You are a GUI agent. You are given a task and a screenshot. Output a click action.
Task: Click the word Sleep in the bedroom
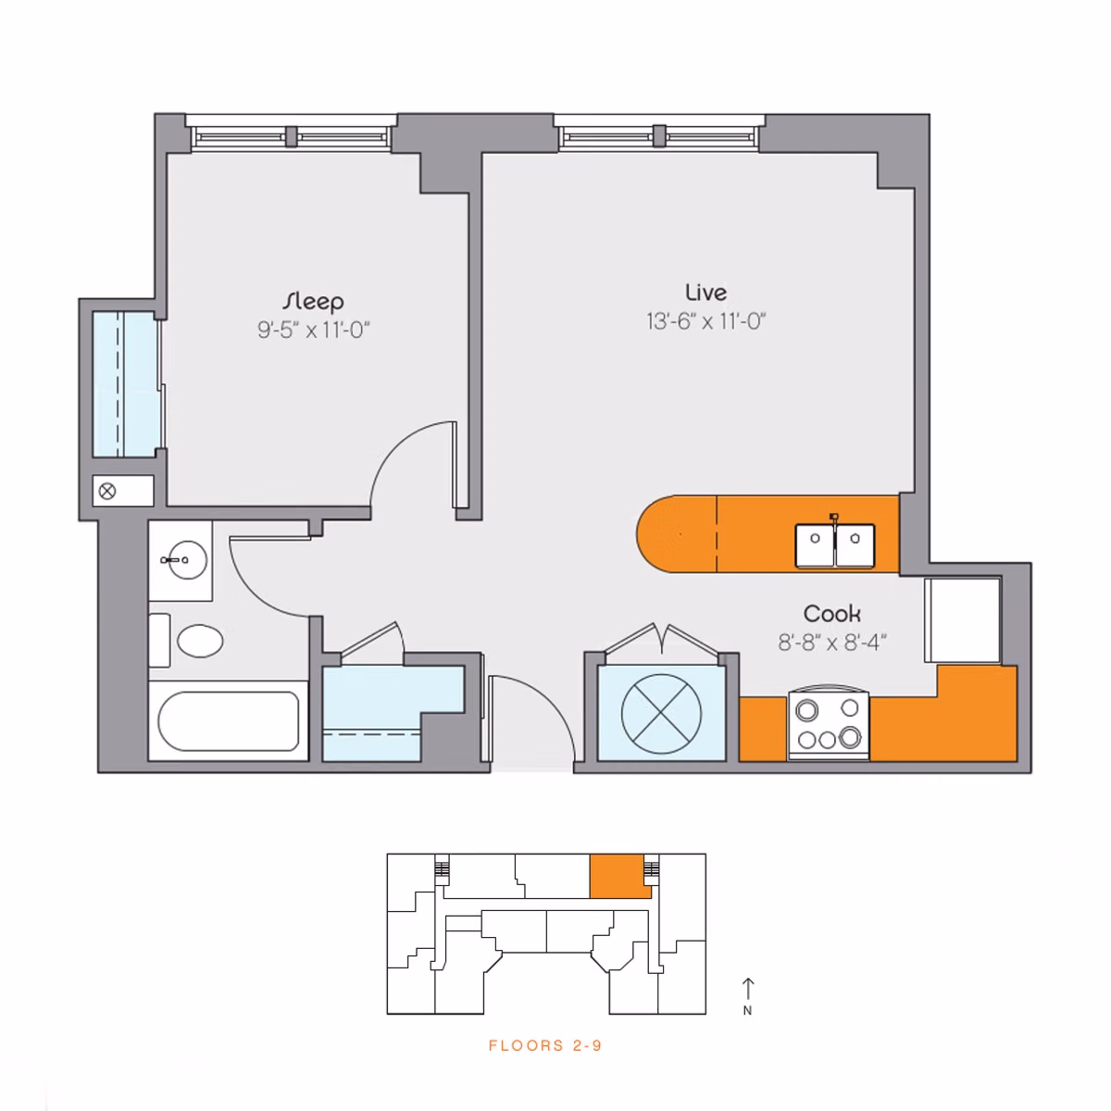[313, 301]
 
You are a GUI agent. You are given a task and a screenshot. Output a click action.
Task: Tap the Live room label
[705, 293]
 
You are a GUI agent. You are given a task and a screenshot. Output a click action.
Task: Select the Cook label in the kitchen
[831, 613]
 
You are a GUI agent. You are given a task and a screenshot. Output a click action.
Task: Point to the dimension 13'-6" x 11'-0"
[705, 321]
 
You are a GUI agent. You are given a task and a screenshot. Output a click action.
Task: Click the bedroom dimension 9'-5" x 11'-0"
[313, 330]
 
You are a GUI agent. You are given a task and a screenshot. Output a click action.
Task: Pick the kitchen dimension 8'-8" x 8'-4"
[831, 642]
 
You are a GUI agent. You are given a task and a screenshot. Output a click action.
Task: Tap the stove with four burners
[829, 725]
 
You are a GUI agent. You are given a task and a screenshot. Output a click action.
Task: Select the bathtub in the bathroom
[228, 721]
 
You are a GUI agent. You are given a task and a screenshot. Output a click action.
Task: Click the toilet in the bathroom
[199, 641]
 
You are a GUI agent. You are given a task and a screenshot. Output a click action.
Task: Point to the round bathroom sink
[185, 559]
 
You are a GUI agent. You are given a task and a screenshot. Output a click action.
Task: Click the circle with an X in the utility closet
[661, 714]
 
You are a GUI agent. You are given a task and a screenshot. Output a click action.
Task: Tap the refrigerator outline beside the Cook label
[962, 620]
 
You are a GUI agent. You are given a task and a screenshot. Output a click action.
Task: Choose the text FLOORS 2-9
[545, 1045]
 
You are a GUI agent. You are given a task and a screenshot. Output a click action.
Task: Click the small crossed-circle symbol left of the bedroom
[107, 492]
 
